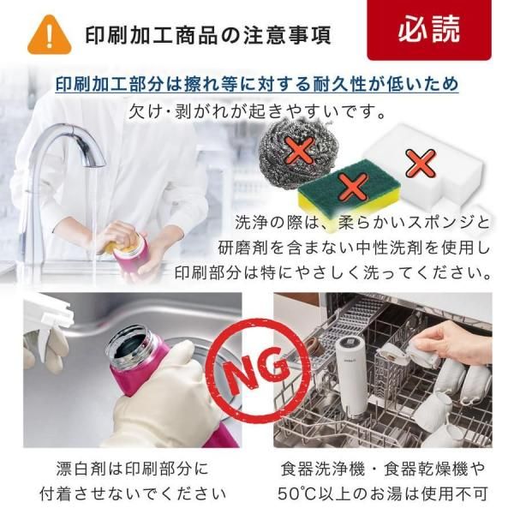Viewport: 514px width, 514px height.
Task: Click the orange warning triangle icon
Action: (49, 35)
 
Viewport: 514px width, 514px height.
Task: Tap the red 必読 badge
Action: (429, 30)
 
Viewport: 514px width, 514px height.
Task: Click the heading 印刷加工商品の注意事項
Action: (208, 35)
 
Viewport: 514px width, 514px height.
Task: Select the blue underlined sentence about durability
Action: (257, 84)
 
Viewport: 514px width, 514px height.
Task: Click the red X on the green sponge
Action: (353, 187)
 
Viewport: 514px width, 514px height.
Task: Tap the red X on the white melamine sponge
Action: (421, 163)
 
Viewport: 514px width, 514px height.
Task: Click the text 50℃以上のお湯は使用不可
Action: (383, 493)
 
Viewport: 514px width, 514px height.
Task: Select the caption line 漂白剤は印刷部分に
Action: (132, 469)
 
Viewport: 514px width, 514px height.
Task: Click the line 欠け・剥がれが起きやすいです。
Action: (257, 111)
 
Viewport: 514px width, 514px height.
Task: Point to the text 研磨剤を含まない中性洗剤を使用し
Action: (354, 248)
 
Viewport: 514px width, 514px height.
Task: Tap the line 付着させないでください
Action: (133, 493)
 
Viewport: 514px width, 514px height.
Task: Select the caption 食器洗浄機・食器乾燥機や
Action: (383, 469)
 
